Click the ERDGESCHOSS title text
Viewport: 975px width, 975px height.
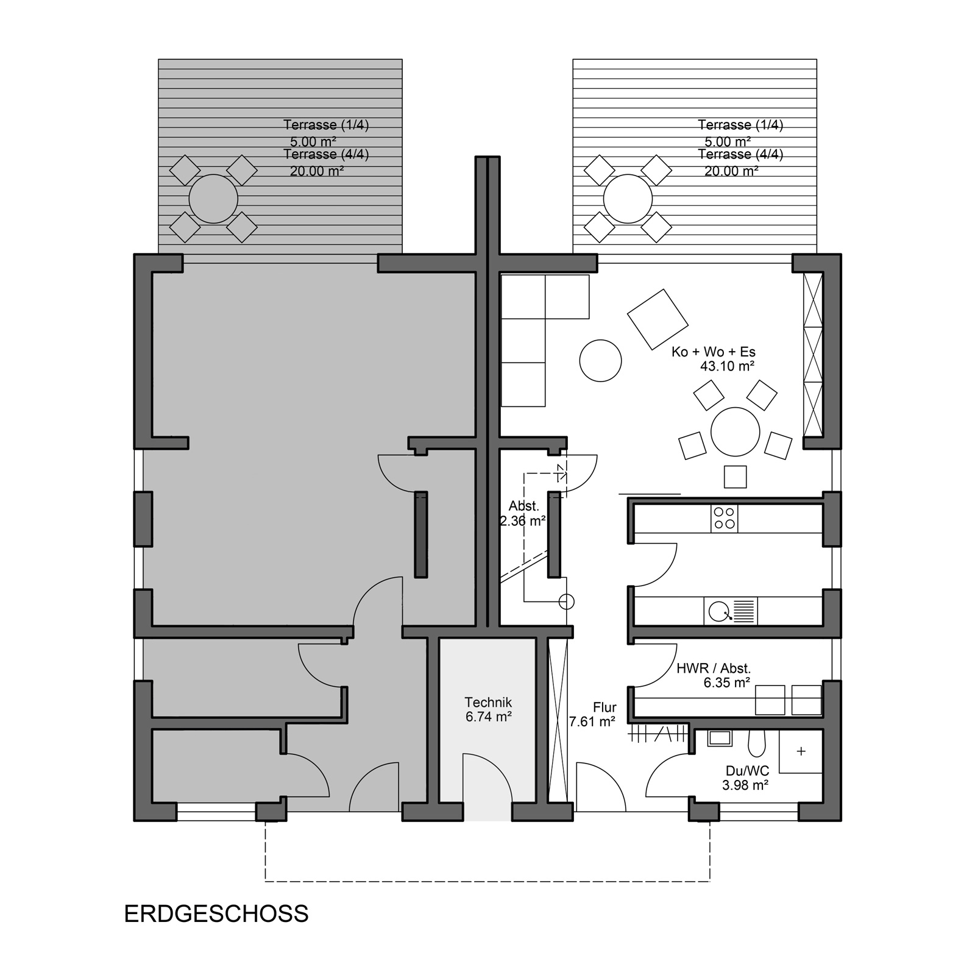[x=216, y=914]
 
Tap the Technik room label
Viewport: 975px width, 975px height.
[x=488, y=703]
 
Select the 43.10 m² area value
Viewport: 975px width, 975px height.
[x=728, y=366]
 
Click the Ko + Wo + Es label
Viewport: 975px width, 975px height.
[x=714, y=352]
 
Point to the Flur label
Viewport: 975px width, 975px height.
[x=605, y=707]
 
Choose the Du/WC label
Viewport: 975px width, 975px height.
[x=747, y=771]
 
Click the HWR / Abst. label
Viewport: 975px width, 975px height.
[x=714, y=668]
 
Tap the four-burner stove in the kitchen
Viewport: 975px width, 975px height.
[x=724, y=519]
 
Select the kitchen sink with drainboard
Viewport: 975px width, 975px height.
[x=730, y=611]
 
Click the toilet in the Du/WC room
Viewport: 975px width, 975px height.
[x=757, y=743]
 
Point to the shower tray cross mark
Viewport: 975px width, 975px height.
[x=801, y=751]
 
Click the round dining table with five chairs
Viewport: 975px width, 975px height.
[x=736, y=431]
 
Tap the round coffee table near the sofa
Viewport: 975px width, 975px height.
[x=600, y=361]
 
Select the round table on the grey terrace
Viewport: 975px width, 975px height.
[x=213, y=199]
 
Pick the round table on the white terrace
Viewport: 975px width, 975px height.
[x=628, y=199]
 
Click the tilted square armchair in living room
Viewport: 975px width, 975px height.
[x=658, y=319]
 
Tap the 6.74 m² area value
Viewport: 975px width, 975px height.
[x=488, y=717]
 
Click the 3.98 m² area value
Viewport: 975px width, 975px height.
[x=745, y=785]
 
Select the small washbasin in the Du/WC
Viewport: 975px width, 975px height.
[x=719, y=738]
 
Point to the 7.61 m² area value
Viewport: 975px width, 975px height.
[x=592, y=722]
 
